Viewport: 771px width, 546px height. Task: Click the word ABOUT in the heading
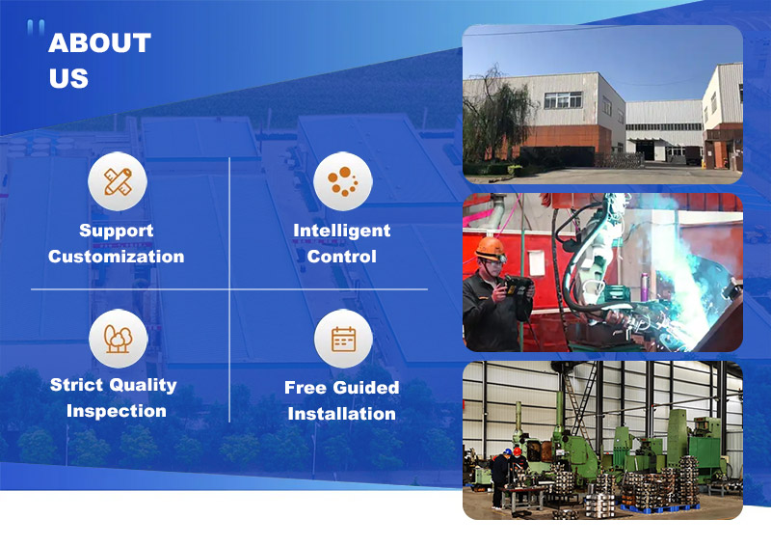pyautogui.click(x=99, y=43)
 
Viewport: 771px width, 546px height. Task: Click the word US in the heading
pyautogui.click(x=68, y=79)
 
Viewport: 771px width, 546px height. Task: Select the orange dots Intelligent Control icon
pyautogui.click(x=342, y=181)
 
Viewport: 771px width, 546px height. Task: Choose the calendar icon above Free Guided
pyautogui.click(x=343, y=339)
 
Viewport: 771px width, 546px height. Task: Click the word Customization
pyautogui.click(x=117, y=257)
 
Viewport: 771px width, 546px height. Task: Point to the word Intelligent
pyautogui.click(x=342, y=231)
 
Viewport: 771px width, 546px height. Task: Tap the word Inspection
pyautogui.click(x=117, y=411)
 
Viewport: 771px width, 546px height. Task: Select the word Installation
pyautogui.click(x=342, y=414)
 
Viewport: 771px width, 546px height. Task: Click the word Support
pyautogui.click(x=117, y=231)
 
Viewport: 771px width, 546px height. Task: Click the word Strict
pyautogui.click(x=76, y=385)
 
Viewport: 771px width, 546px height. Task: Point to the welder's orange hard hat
pyautogui.click(x=491, y=248)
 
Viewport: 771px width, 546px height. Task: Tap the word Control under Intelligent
pyautogui.click(x=342, y=257)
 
